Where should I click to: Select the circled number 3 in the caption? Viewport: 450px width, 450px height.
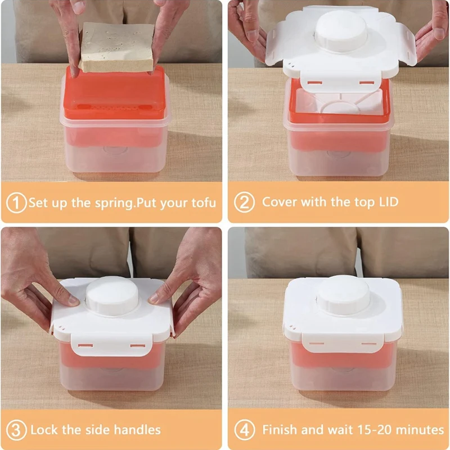click(x=17, y=430)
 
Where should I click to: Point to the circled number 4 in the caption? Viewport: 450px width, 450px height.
click(x=244, y=430)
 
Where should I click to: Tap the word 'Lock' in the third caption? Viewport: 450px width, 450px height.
click(x=45, y=430)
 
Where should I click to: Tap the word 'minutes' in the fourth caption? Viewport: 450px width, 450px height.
click(x=416, y=430)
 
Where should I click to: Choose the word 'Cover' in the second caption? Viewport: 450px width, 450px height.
click(x=280, y=202)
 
